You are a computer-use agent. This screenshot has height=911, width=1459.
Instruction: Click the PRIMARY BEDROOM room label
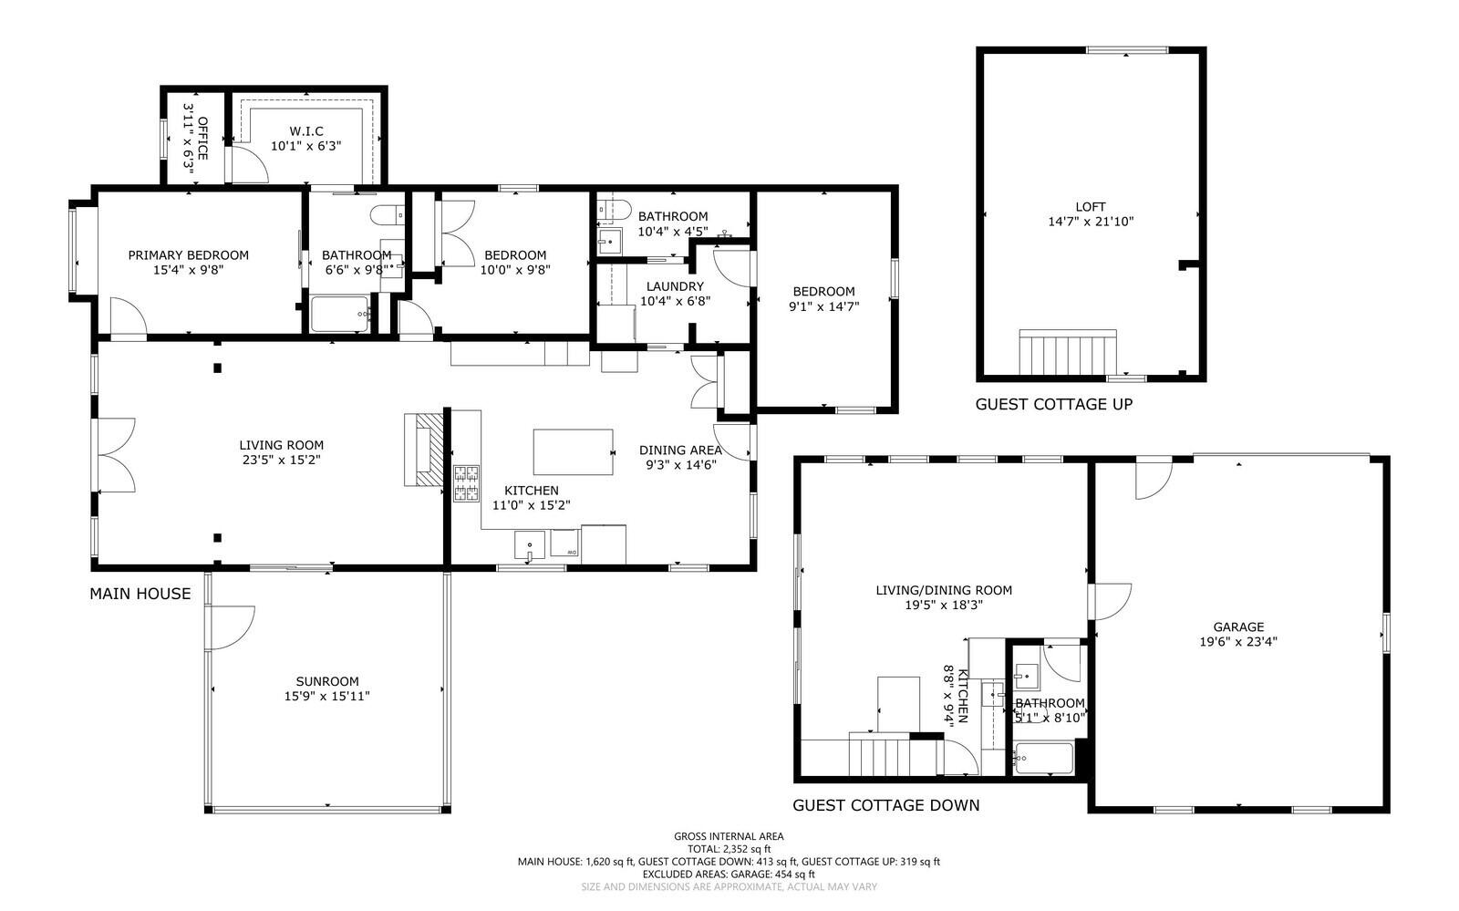[188, 255]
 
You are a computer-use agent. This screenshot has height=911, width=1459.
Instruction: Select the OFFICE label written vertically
[202, 138]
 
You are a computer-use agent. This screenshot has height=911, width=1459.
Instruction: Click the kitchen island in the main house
[573, 451]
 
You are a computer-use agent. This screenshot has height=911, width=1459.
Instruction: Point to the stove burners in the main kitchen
[467, 483]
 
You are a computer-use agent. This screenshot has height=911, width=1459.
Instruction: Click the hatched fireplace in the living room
[424, 450]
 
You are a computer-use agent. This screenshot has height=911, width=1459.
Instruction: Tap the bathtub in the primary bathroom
[339, 315]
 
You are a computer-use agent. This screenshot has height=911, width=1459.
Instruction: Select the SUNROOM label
[326, 681]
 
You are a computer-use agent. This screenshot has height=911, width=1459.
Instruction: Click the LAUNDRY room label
[675, 286]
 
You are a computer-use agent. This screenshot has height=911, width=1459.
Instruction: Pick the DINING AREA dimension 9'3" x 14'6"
[680, 464]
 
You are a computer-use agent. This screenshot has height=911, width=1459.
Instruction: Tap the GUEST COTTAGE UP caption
[1053, 404]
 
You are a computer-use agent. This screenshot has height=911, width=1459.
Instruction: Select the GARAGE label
[1238, 626]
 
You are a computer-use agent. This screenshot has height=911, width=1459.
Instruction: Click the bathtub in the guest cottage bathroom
[1044, 759]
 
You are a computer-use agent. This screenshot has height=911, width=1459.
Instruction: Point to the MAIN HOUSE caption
[140, 594]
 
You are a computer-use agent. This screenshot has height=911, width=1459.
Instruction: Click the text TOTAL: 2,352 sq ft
[729, 848]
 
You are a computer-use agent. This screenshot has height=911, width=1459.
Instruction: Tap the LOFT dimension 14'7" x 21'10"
[1091, 222]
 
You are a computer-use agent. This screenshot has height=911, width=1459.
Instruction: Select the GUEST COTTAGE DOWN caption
[885, 805]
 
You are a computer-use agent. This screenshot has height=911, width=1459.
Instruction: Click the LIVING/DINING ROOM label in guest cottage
[944, 590]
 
